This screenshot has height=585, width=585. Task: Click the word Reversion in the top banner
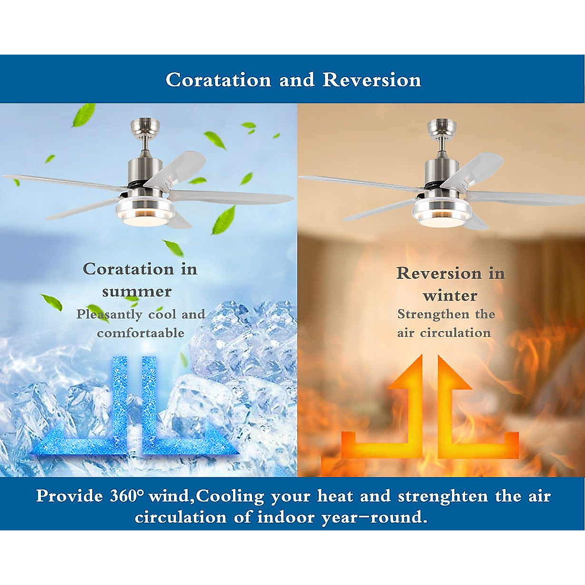pyautogui.click(x=372, y=80)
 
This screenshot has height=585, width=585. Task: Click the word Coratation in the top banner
pyautogui.click(x=218, y=80)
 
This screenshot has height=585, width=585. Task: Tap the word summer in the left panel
pyautogui.click(x=136, y=292)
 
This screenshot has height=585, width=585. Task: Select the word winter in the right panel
pyautogui.click(x=450, y=295)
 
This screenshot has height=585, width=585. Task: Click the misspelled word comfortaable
pyautogui.click(x=140, y=333)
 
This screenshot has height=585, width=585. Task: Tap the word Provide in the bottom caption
pyautogui.click(x=69, y=496)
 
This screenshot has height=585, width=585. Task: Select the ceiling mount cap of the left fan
pyautogui.click(x=145, y=126)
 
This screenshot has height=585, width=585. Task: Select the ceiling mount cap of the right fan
pyautogui.click(x=442, y=126)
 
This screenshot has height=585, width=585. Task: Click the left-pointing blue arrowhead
pyautogui.click(x=46, y=442)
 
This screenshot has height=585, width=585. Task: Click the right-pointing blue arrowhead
pyautogui.click(x=222, y=442)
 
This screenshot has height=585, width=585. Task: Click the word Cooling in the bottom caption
pyautogui.click(x=230, y=496)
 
